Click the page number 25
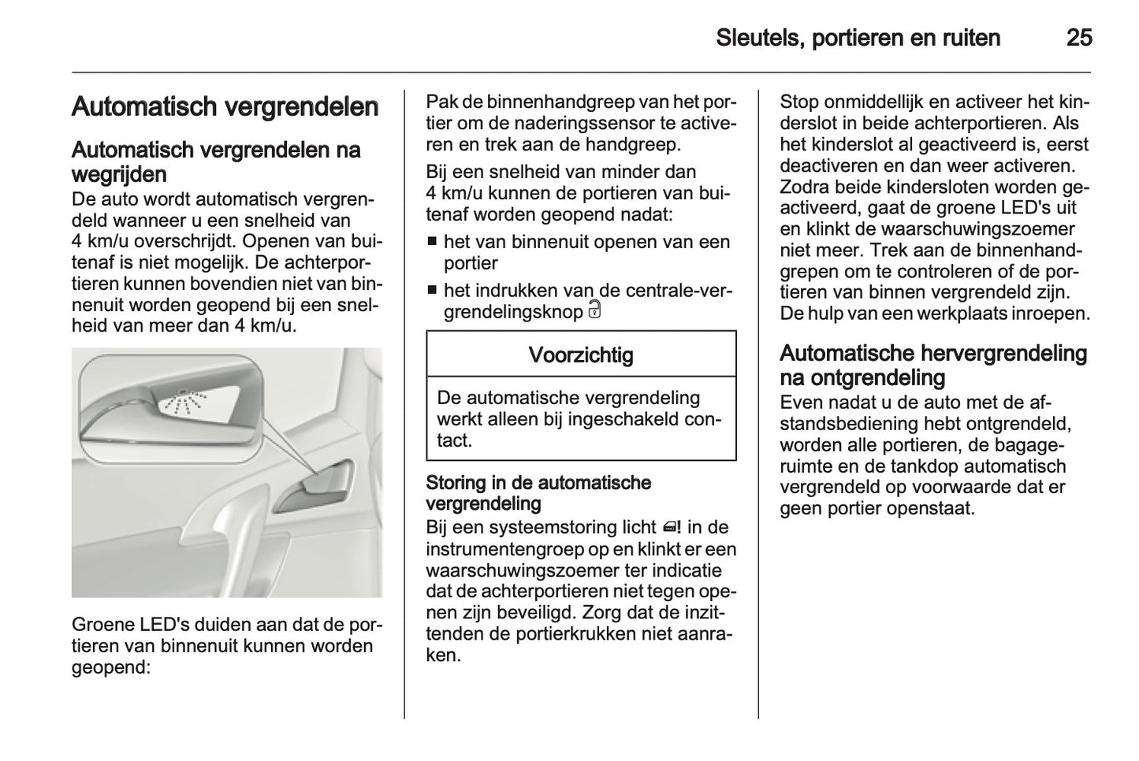[x=1078, y=38]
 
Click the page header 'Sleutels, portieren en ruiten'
[x=858, y=38]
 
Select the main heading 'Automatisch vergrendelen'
[x=225, y=106]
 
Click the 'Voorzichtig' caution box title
[x=580, y=355]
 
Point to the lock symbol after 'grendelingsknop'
[x=594, y=310]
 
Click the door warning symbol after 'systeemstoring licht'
[x=672, y=527]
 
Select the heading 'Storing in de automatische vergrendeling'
[x=538, y=492]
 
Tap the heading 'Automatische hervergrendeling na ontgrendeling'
[x=932, y=365]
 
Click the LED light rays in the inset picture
[x=183, y=403]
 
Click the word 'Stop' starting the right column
[x=799, y=102]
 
